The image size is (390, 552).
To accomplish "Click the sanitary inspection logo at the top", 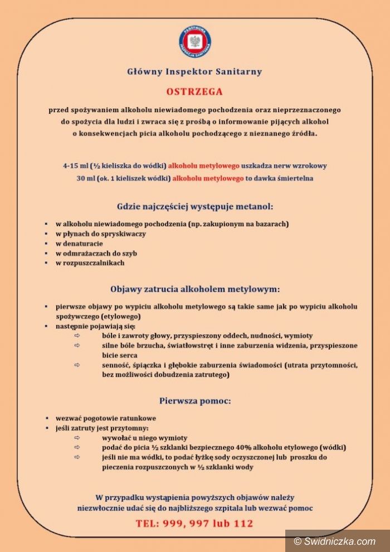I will (x=194, y=42).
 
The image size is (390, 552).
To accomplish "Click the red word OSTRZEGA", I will (x=194, y=91).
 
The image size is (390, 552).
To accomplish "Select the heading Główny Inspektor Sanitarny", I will (x=194, y=71).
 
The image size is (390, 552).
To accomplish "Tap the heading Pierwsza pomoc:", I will (x=194, y=400).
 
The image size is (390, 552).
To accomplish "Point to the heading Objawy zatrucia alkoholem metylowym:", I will (x=194, y=289).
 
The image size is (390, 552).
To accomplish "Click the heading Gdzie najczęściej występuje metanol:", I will (x=194, y=206).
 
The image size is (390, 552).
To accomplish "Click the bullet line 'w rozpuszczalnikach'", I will (x=90, y=263).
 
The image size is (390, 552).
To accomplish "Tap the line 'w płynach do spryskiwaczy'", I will (x=100, y=234).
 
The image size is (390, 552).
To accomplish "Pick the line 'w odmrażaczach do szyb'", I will (x=96, y=253).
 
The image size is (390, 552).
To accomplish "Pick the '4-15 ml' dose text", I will (x=76, y=166).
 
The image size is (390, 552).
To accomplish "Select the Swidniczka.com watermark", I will (x=338, y=541).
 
